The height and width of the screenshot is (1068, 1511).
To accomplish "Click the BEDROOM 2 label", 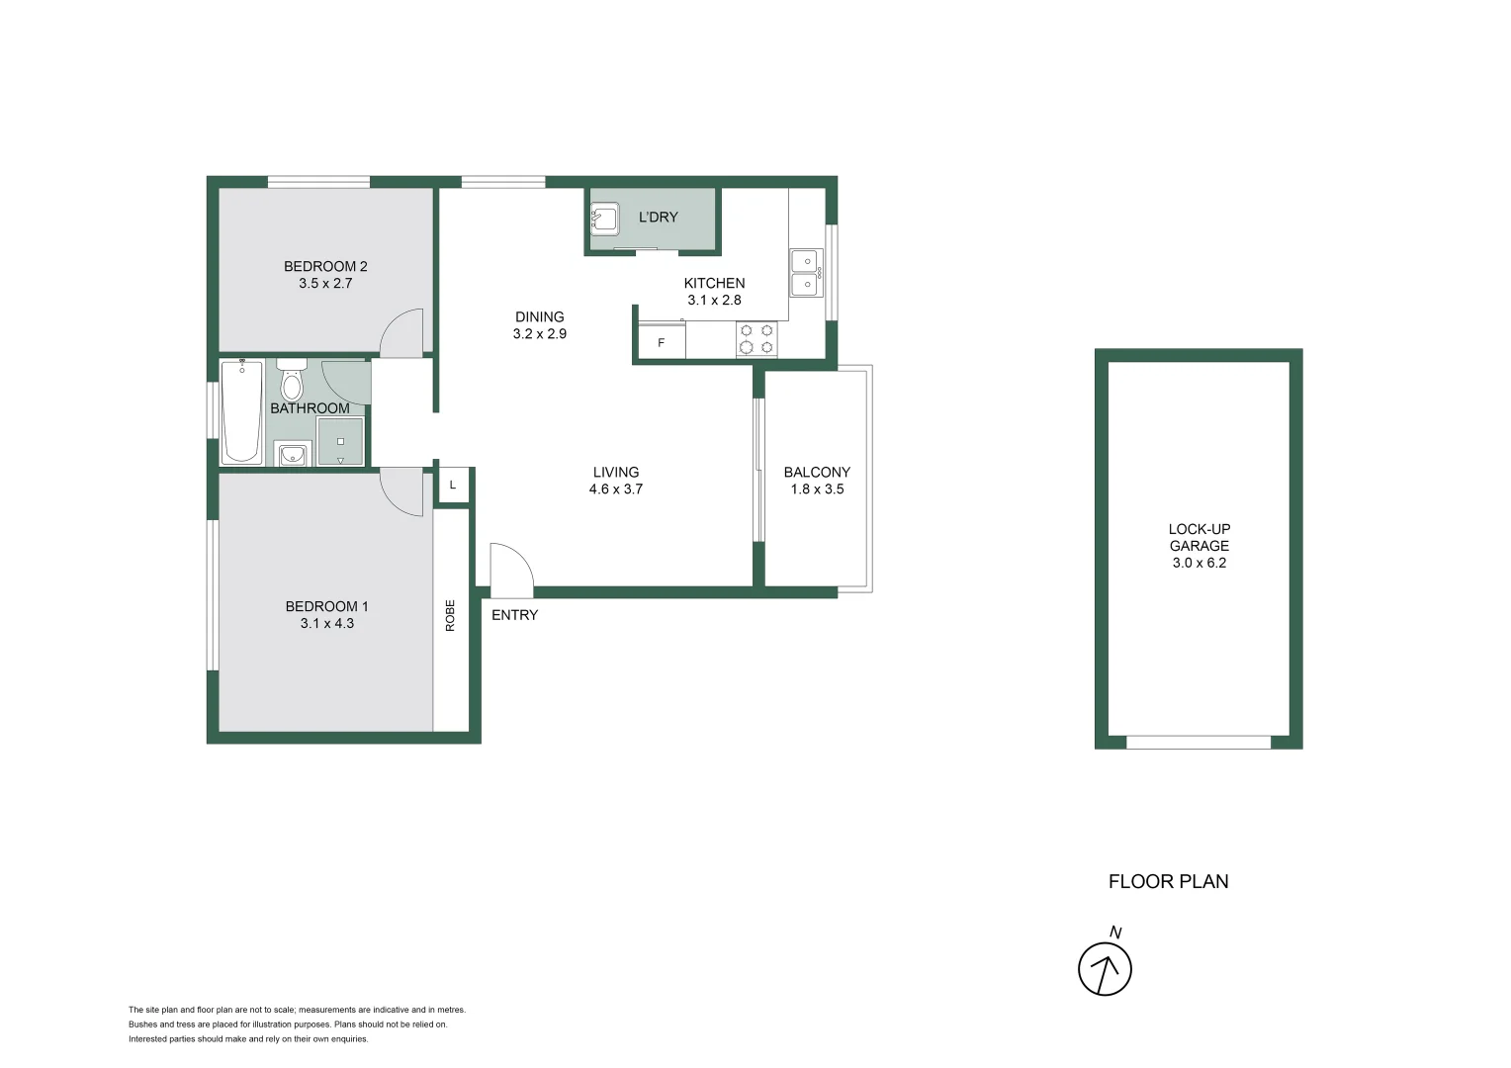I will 325,266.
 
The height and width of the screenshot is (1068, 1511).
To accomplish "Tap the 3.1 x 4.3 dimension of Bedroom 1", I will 326,623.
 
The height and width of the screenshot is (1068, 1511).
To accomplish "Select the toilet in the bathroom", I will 291,380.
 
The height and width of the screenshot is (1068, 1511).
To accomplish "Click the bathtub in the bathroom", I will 241,411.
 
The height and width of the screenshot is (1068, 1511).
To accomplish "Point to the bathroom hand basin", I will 292,454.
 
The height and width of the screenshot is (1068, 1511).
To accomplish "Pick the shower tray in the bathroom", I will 340,441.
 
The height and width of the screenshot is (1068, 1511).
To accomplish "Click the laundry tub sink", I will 604,218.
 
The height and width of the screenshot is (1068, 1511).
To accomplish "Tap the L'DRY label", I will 658,218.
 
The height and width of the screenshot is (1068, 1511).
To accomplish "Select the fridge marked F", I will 662,342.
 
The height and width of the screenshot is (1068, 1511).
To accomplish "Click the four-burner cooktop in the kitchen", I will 756,339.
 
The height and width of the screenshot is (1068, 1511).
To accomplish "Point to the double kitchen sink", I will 805,273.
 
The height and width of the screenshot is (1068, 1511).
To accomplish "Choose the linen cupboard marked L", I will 453,485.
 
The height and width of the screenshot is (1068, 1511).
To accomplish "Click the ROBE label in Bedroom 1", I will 450,615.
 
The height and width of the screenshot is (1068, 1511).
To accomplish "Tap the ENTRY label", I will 514,615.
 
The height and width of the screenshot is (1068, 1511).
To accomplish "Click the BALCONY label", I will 817,473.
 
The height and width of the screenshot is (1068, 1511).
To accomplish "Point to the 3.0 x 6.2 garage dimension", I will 1199,563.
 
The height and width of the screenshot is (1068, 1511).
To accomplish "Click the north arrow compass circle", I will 1105,969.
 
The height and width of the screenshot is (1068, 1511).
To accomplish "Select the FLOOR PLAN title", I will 1168,881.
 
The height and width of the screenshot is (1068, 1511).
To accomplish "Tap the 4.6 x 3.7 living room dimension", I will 615,489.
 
